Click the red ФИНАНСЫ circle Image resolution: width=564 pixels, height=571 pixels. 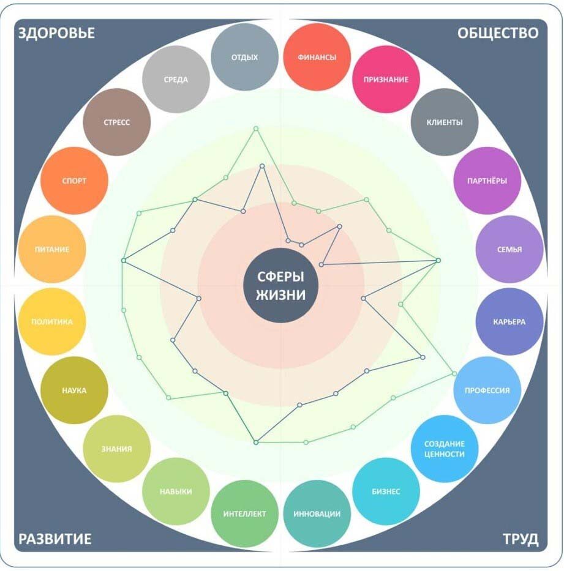[x=317, y=57]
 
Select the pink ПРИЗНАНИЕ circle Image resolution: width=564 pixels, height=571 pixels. [x=386, y=80]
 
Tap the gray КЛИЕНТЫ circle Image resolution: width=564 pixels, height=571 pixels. [x=445, y=122]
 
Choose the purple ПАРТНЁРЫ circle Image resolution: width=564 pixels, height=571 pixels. [x=487, y=181]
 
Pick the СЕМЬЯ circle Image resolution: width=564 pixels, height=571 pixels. [x=509, y=250]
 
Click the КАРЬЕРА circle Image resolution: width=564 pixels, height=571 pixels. [x=509, y=321]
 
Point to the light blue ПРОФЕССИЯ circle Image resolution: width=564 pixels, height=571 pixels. [x=487, y=390]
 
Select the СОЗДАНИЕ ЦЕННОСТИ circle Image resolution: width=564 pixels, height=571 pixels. [x=445, y=449]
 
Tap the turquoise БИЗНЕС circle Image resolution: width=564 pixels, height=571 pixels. [x=386, y=491]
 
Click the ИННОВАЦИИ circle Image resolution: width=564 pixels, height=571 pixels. [x=317, y=513]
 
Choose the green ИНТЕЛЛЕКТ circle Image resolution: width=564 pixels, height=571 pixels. [x=245, y=513]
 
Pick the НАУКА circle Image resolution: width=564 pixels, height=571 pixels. [x=74, y=390]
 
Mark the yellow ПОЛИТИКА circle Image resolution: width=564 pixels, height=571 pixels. [x=51, y=321]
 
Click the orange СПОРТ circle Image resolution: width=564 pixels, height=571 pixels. [x=74, y=181]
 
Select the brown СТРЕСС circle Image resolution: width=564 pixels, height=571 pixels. [x=116, y=122]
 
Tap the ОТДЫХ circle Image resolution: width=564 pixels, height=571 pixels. [x=245, y=57]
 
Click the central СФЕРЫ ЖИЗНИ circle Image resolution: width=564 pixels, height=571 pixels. [x=281, y=286]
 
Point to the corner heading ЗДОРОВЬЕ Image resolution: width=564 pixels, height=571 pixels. [x=57, y=33]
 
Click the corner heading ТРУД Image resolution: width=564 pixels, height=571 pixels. [x=521, y=539]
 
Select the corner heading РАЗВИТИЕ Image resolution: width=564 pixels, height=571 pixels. [x=55, y=539]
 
